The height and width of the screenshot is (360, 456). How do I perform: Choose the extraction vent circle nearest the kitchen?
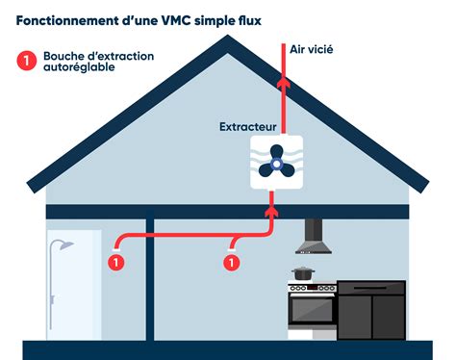232,261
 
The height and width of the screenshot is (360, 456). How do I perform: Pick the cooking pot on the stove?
302,273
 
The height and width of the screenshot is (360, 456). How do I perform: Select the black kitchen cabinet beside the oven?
371,310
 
